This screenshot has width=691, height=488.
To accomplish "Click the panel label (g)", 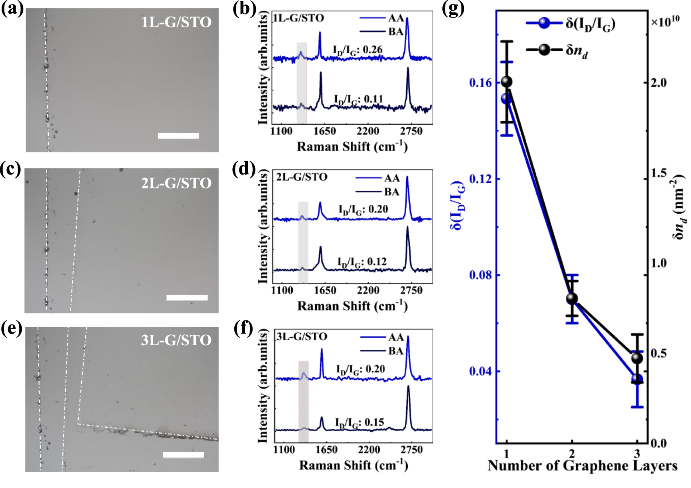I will pyautogui.click(x=453, y=9).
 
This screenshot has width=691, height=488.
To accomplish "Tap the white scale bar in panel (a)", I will pyautogui.click(x=178, y=136).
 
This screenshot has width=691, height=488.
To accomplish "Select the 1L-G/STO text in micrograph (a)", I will pyautogui.click(x=176, y=22).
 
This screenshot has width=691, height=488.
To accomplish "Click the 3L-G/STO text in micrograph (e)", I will pyautogui.click(x=176, y=340).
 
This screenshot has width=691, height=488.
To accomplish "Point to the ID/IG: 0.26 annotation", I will pyautogui.click(x=357, y=50).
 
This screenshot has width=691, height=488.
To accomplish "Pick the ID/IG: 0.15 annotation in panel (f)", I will pyautogui.click(x=359, y=423).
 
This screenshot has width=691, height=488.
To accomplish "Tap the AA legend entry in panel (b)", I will pyautogui.click(x=382, y=18).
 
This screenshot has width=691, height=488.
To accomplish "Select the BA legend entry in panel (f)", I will pyautogui.click(x=382, y=351).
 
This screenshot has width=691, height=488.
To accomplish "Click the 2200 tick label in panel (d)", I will pyautogui.click(x=368, y=290).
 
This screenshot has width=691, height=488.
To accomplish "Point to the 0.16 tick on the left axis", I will pyautogui.click(x=480, y=83).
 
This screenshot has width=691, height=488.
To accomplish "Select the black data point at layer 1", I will pyautogui.click(x=507, y=82).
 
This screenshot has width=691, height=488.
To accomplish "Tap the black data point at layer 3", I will pyautogui.click(x=637, y=358).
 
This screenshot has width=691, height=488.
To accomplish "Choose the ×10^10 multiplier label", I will pyautogui.click(x=665, y=22).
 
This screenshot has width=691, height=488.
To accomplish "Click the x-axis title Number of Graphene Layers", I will pyautogui.click(x=582, y=466).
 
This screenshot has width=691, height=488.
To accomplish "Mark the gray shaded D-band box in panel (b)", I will pyautogui.click(x=302, y=83).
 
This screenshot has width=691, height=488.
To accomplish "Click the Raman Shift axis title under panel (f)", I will pyautogui.click(x=353, y=466).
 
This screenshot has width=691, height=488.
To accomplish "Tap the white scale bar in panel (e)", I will pyautogui.click(x=184, y=455).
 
